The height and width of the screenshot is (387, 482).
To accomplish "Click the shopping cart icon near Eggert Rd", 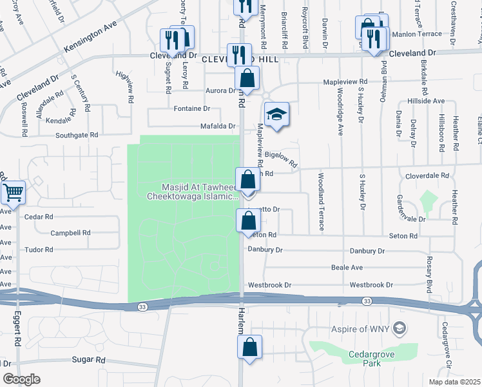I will point(14,192).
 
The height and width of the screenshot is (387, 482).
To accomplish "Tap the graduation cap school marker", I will point(276,115).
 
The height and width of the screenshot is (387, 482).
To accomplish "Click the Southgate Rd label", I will point(77,135).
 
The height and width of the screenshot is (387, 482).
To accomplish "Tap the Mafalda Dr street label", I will point(221,126).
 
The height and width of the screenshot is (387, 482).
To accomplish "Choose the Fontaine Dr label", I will point(192,108).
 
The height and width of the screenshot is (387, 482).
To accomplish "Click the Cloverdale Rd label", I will point(427,175).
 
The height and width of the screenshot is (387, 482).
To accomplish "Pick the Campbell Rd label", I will point(70,232).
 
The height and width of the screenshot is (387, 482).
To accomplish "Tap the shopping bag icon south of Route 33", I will point(249,347).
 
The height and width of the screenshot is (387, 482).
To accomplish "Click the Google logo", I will point(22,379).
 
